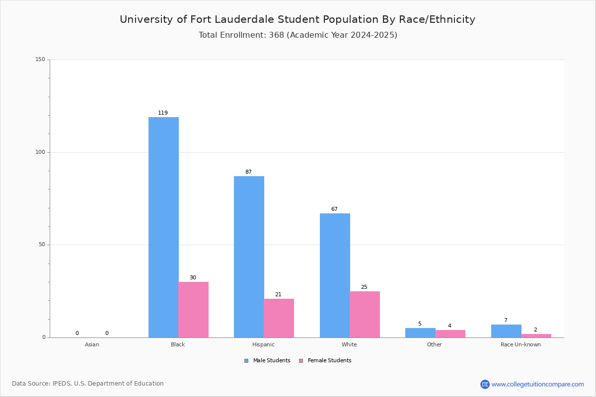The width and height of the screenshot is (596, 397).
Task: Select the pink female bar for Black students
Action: click(x=194, y=310)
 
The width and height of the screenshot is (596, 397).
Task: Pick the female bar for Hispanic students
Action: click(x=279, y=318)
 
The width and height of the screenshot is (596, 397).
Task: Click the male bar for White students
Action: click(x=335, y=275)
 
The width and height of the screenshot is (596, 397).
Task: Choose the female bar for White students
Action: click(x=365, y=314)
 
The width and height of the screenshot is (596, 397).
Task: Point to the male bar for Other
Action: click(x=420, y=332)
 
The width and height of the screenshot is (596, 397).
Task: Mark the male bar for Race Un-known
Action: click(x=506, y=331)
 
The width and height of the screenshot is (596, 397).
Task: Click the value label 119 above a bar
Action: click(x=163, y=113)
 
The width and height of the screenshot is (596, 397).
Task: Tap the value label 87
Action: click(x=248, y=172)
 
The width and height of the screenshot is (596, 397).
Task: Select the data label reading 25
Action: click(x=364, y=287)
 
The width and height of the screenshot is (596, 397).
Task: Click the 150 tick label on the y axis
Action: click(x=40, y=60)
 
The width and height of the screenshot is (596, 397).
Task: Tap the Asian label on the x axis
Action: click(x=92, y=344)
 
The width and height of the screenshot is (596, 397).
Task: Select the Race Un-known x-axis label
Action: click(x=521, y=344)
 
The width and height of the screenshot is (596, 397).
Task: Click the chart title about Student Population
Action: click(x=298, y=19)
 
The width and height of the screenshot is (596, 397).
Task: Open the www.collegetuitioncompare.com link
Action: click(x=537, y=384)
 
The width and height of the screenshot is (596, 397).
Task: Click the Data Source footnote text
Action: click(x=88, y=384)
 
